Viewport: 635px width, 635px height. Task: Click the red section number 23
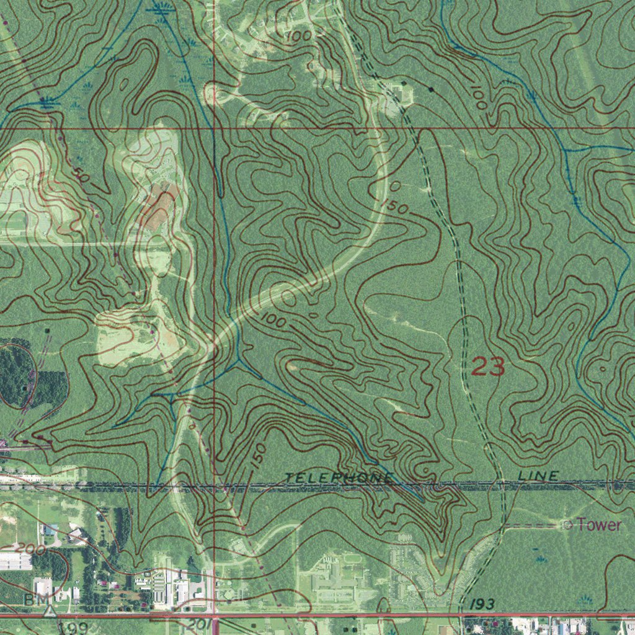(x=488, y=366)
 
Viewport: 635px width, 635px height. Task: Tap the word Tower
(x=598, y=525)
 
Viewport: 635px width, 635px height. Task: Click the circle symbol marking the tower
(x=567, y=525)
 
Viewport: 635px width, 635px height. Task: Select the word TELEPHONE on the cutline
(x=339, y=477)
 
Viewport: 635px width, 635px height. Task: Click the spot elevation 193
(x=481, y=603)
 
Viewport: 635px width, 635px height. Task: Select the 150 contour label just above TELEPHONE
(x=260, y=456)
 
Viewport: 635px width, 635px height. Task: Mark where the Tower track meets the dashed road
(x=504, y=526)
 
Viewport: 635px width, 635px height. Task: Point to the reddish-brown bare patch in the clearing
(x=160, y=208)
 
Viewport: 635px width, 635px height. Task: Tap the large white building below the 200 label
(x=15, y=561)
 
